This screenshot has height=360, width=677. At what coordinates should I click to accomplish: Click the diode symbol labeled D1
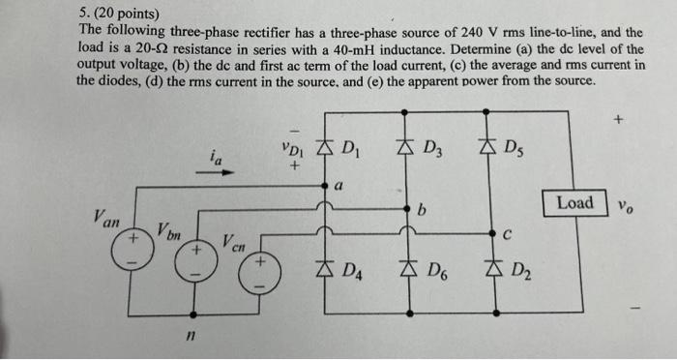323,147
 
